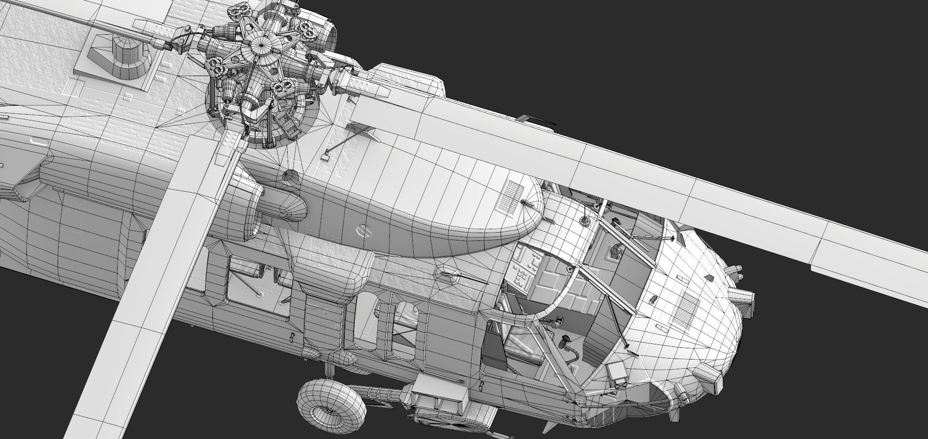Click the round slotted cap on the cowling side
point(362,229)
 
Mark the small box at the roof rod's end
point(324,158)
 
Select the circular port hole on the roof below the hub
point(290,177)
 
